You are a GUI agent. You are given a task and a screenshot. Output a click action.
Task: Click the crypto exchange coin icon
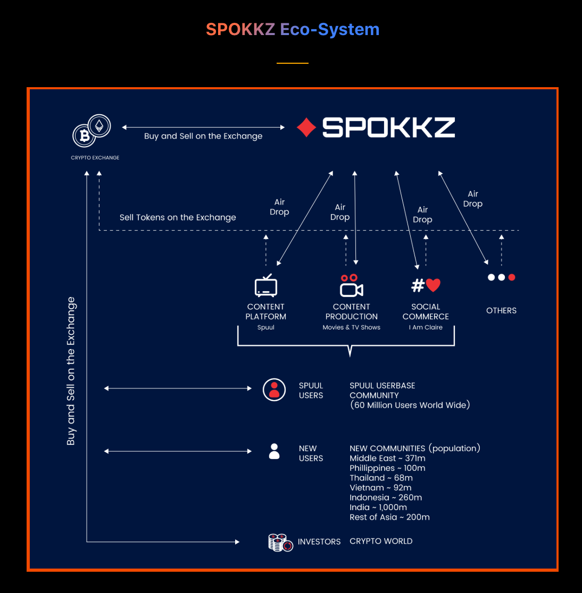point(92,131)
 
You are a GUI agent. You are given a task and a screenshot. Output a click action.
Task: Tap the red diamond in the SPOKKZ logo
point(306,128)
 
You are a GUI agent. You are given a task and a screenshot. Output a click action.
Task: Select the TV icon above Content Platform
point(266,285)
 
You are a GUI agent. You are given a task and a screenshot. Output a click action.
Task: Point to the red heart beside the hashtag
point(433,285)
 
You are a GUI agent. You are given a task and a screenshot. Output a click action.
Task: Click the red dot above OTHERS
point(512,277)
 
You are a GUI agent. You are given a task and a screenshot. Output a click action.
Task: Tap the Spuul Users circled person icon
point(275,389)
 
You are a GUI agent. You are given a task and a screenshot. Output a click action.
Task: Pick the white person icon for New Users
point(275,452)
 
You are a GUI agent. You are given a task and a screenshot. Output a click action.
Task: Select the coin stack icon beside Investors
point(280,542)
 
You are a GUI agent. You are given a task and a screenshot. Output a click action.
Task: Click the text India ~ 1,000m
point(378,507)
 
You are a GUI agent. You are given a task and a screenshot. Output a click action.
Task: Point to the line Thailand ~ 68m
point(381,478)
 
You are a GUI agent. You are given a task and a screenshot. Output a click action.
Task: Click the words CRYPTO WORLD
point(381,541)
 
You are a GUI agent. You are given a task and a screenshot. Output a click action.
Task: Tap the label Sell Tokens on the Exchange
point(178,217)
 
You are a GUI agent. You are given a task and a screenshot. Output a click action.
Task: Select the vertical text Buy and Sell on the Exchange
point(71,371)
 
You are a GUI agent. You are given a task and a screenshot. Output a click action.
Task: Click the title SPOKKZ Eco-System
point(293,29)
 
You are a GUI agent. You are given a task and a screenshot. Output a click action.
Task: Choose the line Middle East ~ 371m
point(387,459)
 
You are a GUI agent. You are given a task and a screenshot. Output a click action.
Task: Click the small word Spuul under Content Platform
point(266,328)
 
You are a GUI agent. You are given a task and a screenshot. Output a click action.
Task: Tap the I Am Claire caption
point(426,328)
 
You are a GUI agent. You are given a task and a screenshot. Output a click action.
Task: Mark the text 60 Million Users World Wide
point(410,405)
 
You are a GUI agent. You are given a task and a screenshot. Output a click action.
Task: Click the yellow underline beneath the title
point(293,63)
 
